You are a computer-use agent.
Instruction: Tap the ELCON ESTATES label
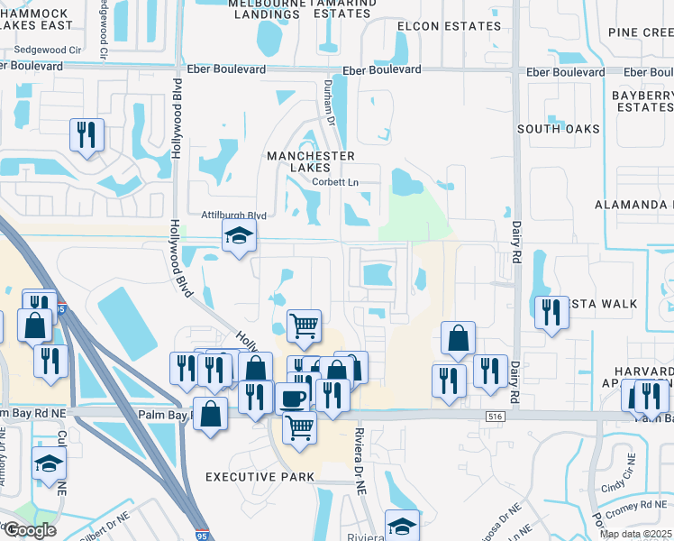(x=449, y=26)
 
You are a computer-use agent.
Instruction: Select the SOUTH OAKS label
(x=558, y=129)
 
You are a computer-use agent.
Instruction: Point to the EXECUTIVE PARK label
(x=260, y=476)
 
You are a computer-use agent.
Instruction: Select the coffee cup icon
(x=293, y=399)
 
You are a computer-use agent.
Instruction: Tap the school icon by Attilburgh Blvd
(x=239, y=237)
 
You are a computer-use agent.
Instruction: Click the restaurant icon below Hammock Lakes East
(x=87, y=135)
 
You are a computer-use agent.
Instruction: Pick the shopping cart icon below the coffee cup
(x=299, y=428)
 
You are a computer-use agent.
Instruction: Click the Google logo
(x=30, y=530)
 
